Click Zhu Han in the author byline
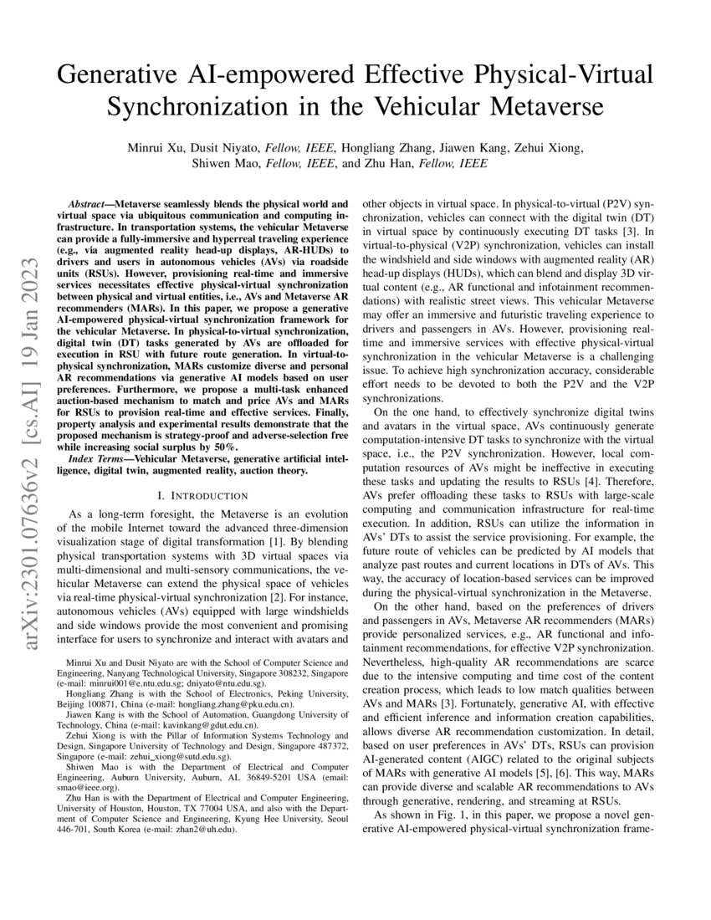(x=390, y=164)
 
